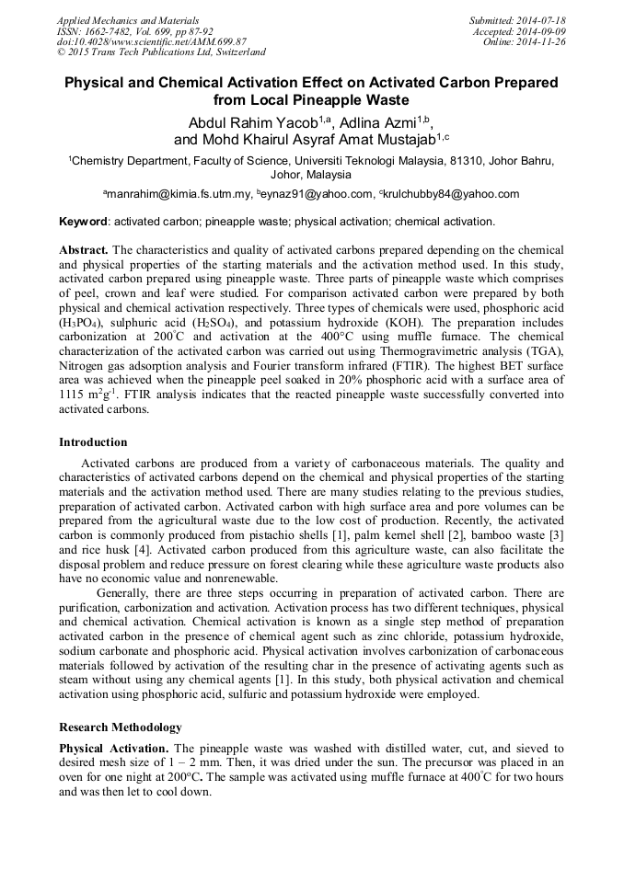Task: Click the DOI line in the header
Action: pos(151,41)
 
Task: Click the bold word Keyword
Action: pos(84,222)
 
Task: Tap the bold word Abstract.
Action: pos(84,250)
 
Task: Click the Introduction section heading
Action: pos(93,442)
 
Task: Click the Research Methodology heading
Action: pos(121,727)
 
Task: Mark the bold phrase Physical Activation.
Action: pos(114,749)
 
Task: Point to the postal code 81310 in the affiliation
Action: pos(442,160)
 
